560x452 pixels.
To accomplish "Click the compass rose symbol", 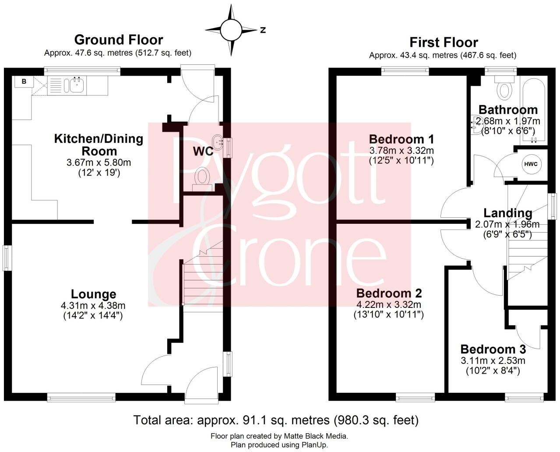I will pyautogui.click(x=231, y=30).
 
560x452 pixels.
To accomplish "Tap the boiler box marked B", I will pyautogui.click(x=24, y=81).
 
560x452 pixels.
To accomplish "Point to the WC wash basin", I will pyautogui.click(x=218, y=141).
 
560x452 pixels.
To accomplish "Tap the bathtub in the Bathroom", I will pyautogui.click(x=533, y=109).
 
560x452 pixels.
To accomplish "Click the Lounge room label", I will pyautogui.click(x=94, y=294).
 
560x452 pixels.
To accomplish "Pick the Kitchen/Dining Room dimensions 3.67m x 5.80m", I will pyautogui.click(x=99, y=162).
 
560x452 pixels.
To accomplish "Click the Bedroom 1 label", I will pyautogui.click(x=401, y=139).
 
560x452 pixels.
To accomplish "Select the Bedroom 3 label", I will pyautogui.click(x=493, y=350).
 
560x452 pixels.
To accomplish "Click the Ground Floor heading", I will pyautogui.click(x=118, y=40).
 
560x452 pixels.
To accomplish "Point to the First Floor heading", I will pyautogui.click(x=443, y=42).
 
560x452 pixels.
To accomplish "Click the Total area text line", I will pyautogui.click(x=275, y=420).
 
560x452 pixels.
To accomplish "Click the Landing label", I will pyautogui.click(x=507, y=213).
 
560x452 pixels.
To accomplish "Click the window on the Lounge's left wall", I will pyautogui.click(x=7, y=258).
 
